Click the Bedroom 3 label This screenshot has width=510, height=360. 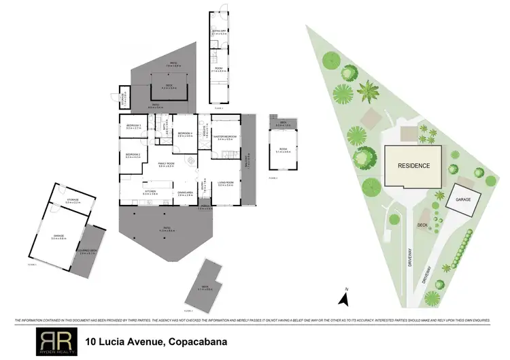point(133,127)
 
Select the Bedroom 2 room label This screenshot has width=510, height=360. point(133,155)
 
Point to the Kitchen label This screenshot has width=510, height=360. point(150,193)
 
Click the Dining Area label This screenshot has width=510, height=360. point(185,193)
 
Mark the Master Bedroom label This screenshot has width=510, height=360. point(225,137)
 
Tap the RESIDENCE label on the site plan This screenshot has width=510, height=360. point(413,165)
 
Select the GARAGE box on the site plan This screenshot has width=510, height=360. point(463,200)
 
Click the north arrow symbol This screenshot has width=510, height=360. point(345,298)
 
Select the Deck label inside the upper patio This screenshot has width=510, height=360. point(169,87)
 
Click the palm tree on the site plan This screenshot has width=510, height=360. point(370,89)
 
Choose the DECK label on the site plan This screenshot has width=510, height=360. point(422,223)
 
